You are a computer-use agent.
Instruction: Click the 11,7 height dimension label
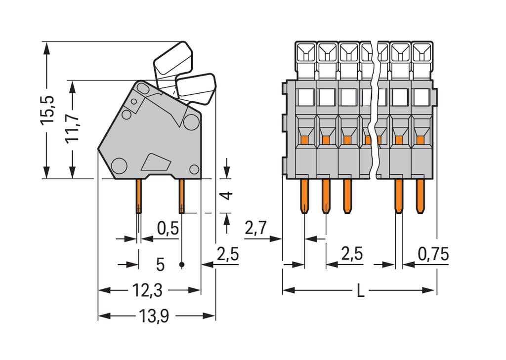[x=72, y=127]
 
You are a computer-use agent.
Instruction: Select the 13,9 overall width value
[x=153, y=316]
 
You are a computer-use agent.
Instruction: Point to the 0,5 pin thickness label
[x=168, y=229]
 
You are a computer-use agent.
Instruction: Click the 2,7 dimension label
[x=255, y=228]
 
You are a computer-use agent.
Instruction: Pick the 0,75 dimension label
[x=433, y=254]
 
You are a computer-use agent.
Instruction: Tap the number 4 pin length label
[x=226, y=196]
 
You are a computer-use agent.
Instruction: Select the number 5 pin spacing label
[x=160, y=265]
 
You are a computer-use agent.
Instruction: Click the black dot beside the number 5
[x=182, y=265]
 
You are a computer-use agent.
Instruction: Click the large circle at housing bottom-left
[x=119, y=165]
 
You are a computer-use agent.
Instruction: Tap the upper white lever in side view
[x=173, y=58]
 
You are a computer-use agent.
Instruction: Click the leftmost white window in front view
[x=305, y=97]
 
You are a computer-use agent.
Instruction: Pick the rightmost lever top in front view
[x=422, y=52]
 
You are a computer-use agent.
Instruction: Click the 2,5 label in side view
[x=227, y=255]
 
